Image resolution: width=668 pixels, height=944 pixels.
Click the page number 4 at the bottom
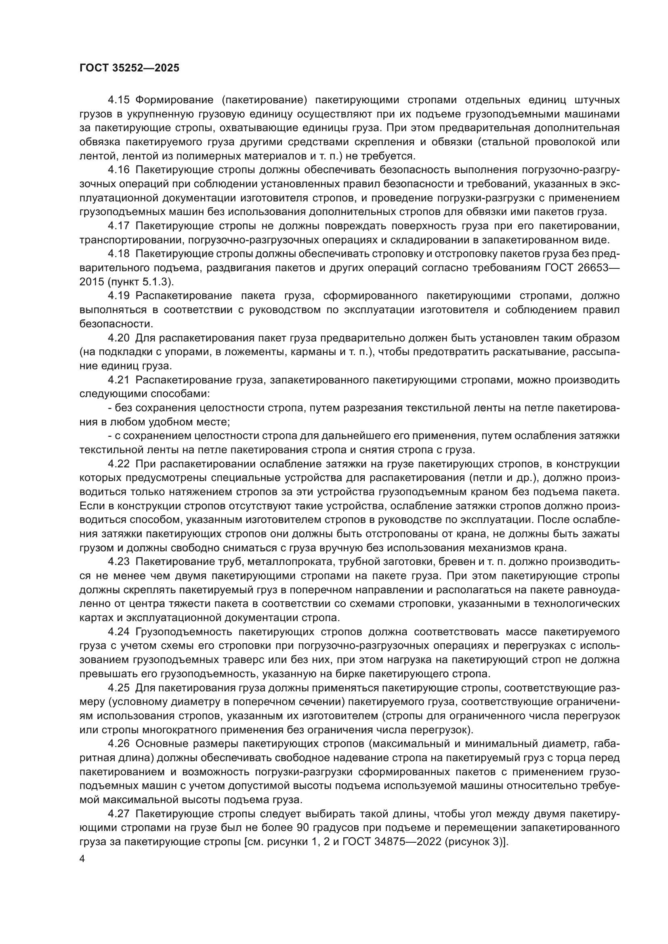pyautogui.click(x=82, y=859)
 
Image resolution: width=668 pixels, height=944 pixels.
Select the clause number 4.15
pyautogui.click(x=118, y=100)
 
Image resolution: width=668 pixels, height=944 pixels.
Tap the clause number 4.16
pyautogui.click(x=118, y=170)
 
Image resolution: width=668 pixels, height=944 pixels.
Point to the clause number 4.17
pyautogui.click(x=118, y=226)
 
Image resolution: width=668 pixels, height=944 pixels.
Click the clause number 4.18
pyautogui.click(x=118, y=254)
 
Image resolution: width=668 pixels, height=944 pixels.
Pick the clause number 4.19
pyautogui.click(x=118, y=295)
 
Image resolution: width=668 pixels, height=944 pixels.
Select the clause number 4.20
pyautogui.click(x=118, y=338)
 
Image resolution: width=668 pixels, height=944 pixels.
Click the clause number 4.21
pyautogui.click(x=118, y=380)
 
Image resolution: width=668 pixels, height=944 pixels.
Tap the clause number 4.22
pyautogui.click(x=118, y=464)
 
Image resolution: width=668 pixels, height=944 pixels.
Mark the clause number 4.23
pyautogui.click(x=118, y=562)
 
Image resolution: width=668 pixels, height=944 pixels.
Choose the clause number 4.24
pyautogui.click(x=118, y=632)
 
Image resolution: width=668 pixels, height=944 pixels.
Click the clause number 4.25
pyautogui.click(x=118, y=687)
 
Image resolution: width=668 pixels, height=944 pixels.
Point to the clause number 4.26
pyautogui.click(x=118, y=743)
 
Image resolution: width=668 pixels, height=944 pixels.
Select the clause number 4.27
pyautogui.click(x=118, y=814)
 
